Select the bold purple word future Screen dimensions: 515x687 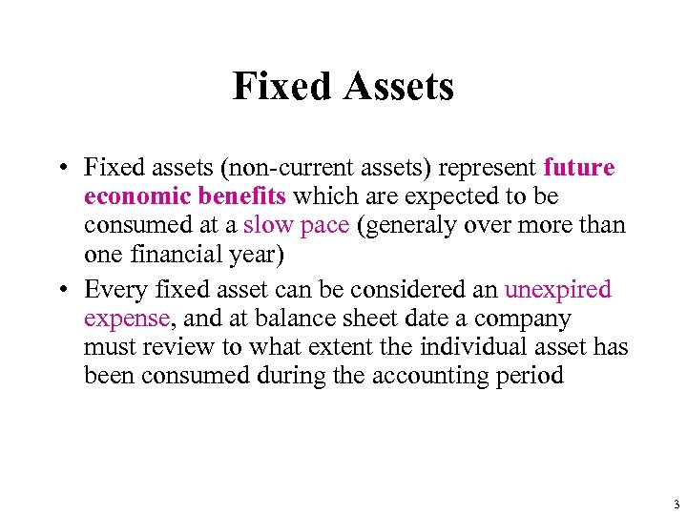(x=579, y=168)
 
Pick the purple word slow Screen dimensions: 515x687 (x=268, y=225)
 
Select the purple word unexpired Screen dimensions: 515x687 (x=558, y=289)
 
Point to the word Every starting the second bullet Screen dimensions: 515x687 (x=114, y=289)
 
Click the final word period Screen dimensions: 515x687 (x=531, y=375)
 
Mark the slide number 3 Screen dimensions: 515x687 (x=675, y=504)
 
